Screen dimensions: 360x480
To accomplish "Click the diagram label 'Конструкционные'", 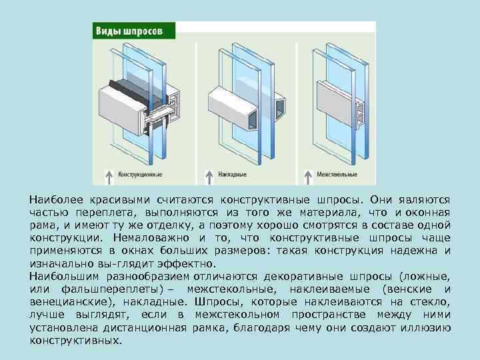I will pyautogui.click(x=140, y=175).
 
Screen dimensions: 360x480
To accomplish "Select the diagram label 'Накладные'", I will pyautogui.click(x=233, y=175).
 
